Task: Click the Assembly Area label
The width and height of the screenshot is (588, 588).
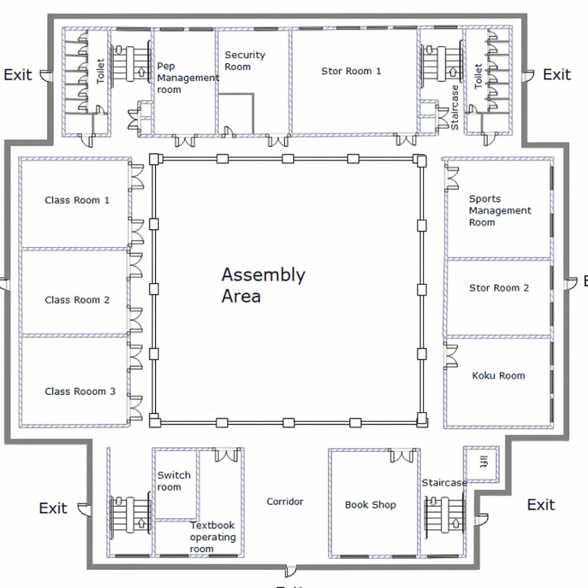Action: [263, 285]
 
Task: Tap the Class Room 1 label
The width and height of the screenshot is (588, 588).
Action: [77, 200]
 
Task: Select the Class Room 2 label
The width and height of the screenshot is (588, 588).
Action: [77, 300]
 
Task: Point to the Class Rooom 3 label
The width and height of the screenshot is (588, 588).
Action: [80, 391]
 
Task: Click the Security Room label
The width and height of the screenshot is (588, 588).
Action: [245, 61]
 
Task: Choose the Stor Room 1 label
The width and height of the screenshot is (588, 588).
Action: [351, 71]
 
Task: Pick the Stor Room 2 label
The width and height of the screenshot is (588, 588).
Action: [499, 288]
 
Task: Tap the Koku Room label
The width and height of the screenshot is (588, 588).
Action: [499, 375]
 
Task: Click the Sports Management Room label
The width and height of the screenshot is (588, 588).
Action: [500, 211]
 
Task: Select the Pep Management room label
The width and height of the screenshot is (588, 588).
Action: [187, 78]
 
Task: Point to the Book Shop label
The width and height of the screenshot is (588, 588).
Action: [370, 505]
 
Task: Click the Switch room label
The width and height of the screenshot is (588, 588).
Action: [173, 481]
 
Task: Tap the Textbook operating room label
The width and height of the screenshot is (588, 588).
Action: [212, 537]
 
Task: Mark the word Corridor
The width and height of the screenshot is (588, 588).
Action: [285, 502]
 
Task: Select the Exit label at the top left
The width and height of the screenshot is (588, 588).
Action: [18, 75]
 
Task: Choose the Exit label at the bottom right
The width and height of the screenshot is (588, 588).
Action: [541, 505]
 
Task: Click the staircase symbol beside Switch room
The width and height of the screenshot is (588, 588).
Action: [130, 514]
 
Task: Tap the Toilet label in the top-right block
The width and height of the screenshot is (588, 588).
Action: [478, 77]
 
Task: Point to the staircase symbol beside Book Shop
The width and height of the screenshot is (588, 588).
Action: [445, 514]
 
